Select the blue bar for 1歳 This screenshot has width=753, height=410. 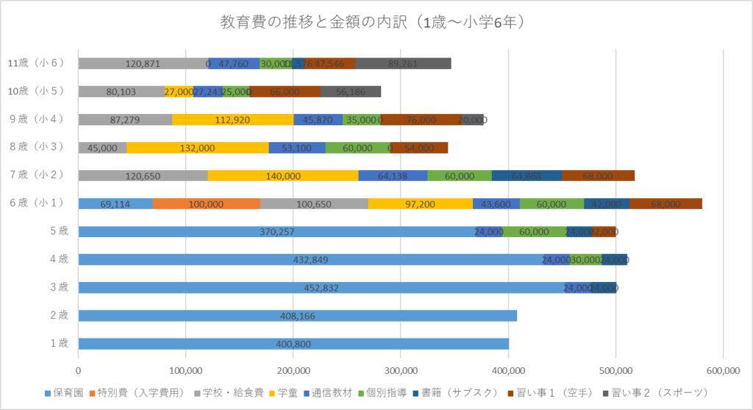tap(293, 344)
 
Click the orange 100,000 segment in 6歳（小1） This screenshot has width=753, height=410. tap(207, 204)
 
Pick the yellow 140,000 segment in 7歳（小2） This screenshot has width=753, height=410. tap(283, 176)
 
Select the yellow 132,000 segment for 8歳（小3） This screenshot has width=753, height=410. tap(197, 148)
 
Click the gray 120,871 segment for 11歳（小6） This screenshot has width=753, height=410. tap(143, 64)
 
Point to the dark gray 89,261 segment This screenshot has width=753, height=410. tap(403, 64)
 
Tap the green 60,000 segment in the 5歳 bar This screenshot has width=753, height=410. tap(534, 232)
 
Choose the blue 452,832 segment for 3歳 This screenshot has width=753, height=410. tap(321, 288)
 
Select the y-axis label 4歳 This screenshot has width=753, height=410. tap(58, 259)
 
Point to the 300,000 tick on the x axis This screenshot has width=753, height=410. tap(401, 370)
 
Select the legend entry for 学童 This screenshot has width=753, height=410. tap(287, 392)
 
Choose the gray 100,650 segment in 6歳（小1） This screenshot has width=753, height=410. tap(314, 204)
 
